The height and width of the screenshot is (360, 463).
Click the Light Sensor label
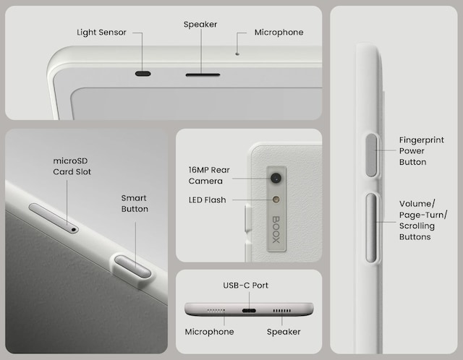pos(101,32)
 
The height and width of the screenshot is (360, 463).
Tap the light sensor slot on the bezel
pos(143,74)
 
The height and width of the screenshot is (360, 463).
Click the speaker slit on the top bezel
pos(203,75)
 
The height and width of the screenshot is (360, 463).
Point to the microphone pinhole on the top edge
pos(237,54)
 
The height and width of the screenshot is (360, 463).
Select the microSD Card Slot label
pos(72,166)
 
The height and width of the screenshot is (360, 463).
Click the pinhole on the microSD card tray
pos(74,229)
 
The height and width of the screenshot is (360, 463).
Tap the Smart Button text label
pos(135,203)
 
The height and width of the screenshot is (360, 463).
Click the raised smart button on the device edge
pos(132,267)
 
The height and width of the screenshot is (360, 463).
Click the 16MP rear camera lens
pos(276,178)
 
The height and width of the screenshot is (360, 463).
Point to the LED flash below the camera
pos(276,200)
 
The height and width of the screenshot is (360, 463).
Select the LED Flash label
pos(208,200)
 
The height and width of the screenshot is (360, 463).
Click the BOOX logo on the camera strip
pos(276,230)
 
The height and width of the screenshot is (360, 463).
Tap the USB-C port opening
pos(249,310)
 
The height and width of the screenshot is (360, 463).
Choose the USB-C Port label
pos(246,286)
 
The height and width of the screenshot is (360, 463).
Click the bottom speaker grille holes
pos(281,310)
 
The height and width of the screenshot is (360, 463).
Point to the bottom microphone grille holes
pos(216,310)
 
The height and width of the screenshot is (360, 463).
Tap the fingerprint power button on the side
pos(371,155)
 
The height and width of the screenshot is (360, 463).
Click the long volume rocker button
pos(371,228)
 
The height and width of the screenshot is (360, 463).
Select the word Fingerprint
pos(421,140)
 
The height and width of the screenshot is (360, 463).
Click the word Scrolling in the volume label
pos(417,226)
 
